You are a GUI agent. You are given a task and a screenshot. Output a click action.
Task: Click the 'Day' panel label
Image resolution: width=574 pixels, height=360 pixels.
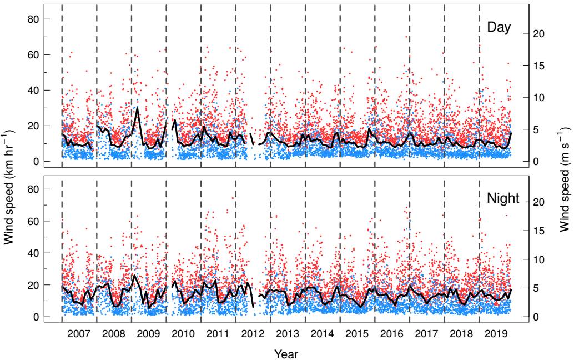[499, 27]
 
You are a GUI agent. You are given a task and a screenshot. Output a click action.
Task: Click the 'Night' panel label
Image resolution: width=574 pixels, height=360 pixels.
[503, 198]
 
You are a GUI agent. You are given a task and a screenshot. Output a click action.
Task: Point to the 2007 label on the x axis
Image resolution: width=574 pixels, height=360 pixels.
[79, 334]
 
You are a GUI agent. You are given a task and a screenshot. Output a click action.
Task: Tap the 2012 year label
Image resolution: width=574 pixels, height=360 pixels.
[253, 334]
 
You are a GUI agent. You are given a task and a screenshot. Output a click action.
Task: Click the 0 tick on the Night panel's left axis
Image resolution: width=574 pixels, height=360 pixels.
[36, 317]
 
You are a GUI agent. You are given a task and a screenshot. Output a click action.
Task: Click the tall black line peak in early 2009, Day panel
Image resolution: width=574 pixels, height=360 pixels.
[137, 108]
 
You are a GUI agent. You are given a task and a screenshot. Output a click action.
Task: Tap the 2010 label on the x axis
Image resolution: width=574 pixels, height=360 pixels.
[183, 334]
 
